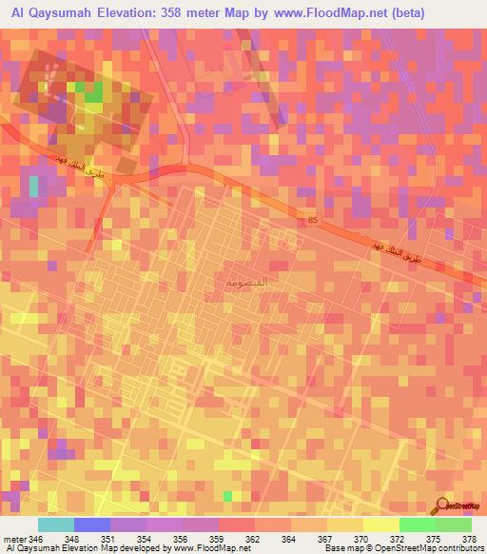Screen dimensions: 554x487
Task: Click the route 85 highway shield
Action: click(312, 221)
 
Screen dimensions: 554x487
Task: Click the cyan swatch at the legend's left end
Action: click(55, 524)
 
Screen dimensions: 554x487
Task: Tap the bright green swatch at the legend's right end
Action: click(454, 524)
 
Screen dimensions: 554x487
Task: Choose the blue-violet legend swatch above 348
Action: click(91, 524)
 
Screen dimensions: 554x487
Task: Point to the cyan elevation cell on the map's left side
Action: click(34, 187)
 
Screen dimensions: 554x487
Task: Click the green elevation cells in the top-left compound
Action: click(93, 92)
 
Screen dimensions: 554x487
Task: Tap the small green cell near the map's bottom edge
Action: click(227, 496)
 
